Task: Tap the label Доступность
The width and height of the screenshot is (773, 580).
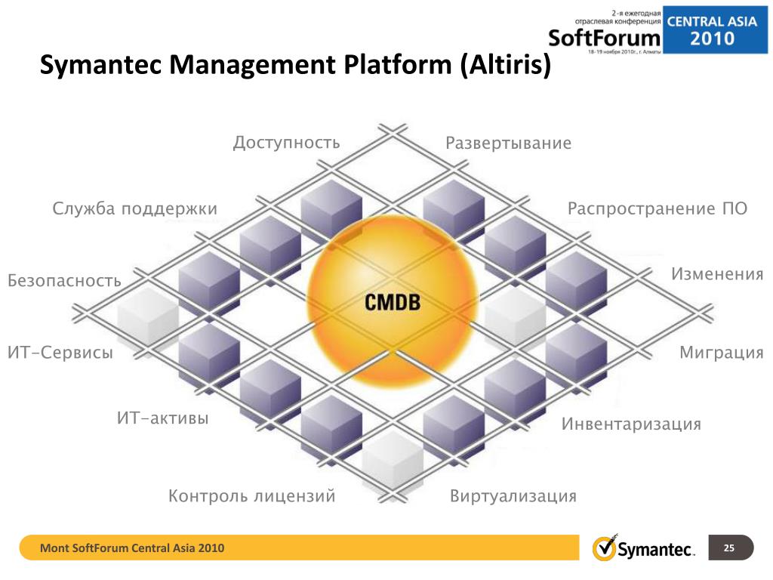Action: (286, 143)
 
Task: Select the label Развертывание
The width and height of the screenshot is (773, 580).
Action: (508, 143)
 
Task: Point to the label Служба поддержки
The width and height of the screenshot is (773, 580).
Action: (135, 209)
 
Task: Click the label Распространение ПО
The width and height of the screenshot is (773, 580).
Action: (658, 208)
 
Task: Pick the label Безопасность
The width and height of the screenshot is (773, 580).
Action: (64, 281)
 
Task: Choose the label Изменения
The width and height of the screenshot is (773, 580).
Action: (717, 273)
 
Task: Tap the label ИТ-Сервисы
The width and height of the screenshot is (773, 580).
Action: (60, 353)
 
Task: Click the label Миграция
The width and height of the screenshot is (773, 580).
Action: (722, 353)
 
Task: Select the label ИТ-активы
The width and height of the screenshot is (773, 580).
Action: (162, 418)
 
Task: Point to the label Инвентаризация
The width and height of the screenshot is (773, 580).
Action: (631, 424)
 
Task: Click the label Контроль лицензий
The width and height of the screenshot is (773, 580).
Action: (251, 496)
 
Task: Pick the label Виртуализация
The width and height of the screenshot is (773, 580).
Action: (513, 496)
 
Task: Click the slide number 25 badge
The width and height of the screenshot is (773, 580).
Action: (729, 548)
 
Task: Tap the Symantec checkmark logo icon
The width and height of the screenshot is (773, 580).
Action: (603, 548)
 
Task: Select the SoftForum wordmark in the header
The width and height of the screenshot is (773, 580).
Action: (604, 37)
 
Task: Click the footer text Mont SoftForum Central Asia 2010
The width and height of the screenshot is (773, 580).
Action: (132, 548)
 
